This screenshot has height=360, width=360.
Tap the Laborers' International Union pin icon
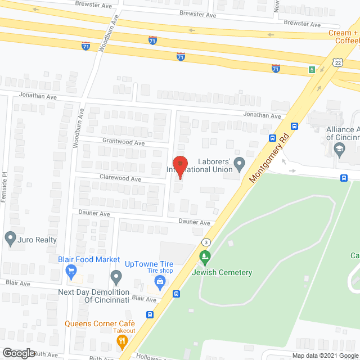tap(240, 165)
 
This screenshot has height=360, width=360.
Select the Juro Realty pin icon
tap(10, 238)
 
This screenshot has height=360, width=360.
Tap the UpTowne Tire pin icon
tap(116, 277)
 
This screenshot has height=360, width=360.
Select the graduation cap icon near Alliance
tap(339, 149)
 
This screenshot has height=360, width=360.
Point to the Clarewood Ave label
tap(120, 178)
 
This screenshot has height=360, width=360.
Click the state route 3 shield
tap(205, 242)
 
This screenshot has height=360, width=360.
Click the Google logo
tap(18, 353)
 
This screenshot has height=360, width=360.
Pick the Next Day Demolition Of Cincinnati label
tap(94, 296)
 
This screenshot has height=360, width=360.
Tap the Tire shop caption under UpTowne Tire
tap(160, 271)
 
